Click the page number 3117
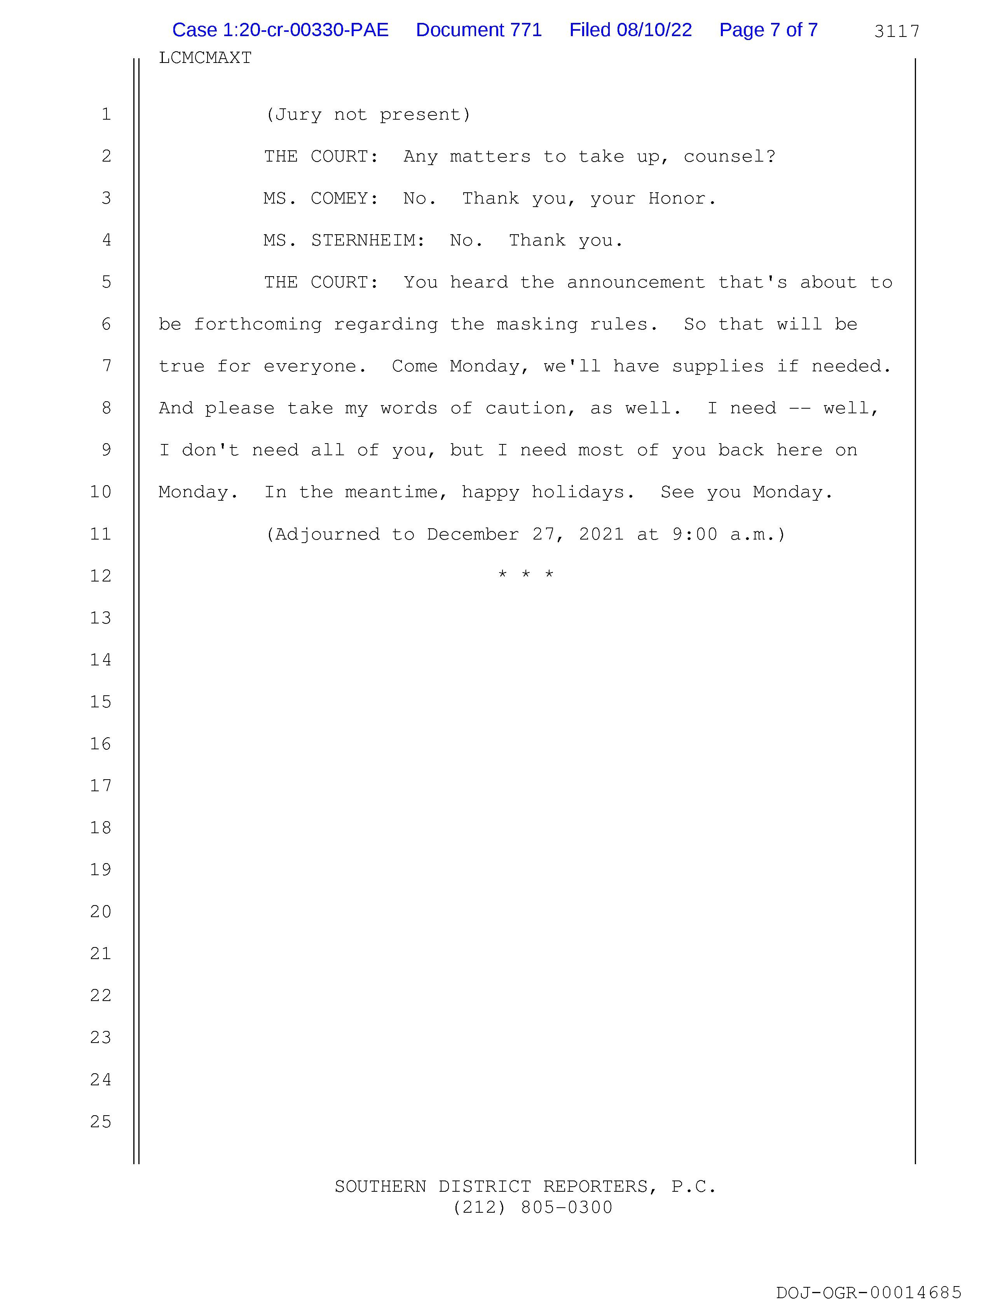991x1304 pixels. [x=896, y=31]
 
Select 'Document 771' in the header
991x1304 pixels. [x=478, y=30]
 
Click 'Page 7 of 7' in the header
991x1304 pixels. [x=768, y=30]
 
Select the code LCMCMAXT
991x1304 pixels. [x=205, y=58]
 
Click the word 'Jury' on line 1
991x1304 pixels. [x=298, y=114]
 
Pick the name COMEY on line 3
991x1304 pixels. [x=344, y=198]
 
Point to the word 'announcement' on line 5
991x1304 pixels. [x=635, y=282]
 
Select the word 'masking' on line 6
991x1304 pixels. [x=537, y=324]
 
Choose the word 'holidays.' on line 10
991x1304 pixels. [x=583, y=492]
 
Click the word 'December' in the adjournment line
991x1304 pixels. [x=473, y=534]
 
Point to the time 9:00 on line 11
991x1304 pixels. [x=694, y=534]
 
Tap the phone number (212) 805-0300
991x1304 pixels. [x=532, y=1208]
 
